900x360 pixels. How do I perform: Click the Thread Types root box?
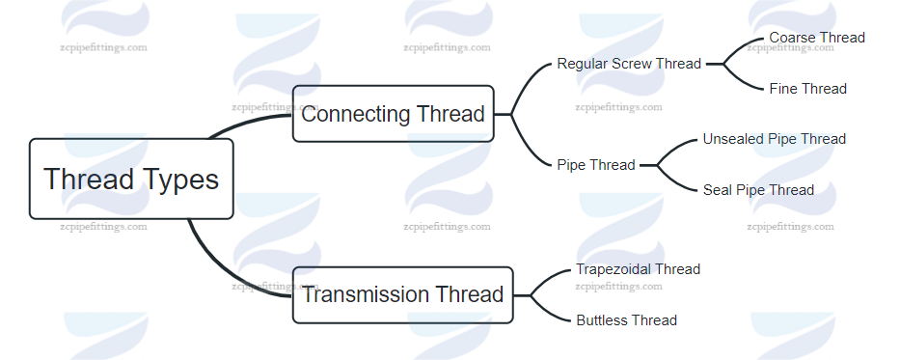click(x=131, y=179)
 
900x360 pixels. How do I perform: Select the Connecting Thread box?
click(x=393, y=114)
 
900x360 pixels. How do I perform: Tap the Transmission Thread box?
click(x=402, y=293)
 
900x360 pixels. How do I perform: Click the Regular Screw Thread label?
click(x=629, y=64)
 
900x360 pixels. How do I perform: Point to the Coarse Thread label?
click(x=817, y=38)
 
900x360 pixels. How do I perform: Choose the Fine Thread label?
click(x=807, y=89)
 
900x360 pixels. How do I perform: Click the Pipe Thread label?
click(x=595, y=165)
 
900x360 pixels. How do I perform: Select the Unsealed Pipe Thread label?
click(x=774, y=139)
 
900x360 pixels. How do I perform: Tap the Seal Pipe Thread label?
click(x=758, y=190)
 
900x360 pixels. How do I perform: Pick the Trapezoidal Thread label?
click(x=638, y=269)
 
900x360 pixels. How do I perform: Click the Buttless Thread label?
click(x=626, y=320)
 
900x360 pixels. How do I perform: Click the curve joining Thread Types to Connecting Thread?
click(x=241, y=124)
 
